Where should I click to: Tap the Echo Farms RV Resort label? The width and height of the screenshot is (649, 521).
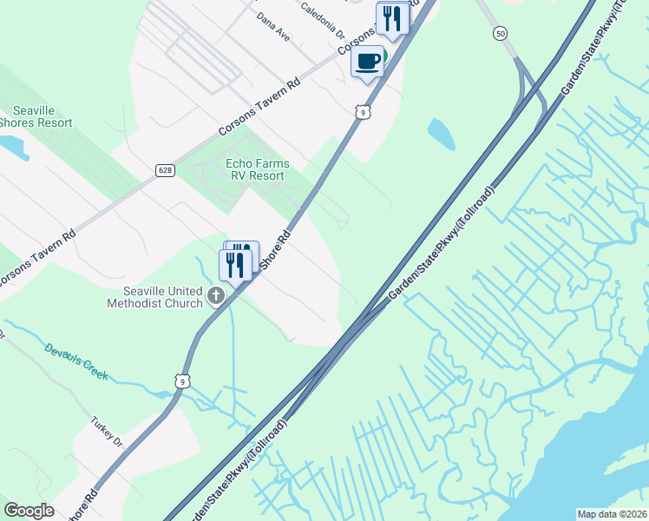tap(257, 169)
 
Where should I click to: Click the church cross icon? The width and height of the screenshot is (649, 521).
tap(216, 298)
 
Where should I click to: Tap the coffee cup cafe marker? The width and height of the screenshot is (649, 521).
tap(368, 62)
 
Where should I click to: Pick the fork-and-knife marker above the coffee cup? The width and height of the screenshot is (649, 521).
tap(392, 19)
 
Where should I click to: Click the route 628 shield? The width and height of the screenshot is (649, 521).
tap(165, 170)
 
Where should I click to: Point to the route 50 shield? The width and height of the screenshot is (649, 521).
tap(499, 33)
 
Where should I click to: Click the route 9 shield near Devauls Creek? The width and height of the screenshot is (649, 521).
tap(180, 380)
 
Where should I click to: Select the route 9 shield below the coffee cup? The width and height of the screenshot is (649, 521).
tap(363, 111)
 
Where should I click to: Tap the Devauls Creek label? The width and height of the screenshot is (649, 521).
tap(76, 361)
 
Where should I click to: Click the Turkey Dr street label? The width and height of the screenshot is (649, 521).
tap(108, 432)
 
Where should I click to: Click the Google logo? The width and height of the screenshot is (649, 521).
tap(29, 511)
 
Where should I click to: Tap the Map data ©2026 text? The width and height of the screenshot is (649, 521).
tap(611, 514)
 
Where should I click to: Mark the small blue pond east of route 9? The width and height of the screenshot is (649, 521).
tap(441, 133)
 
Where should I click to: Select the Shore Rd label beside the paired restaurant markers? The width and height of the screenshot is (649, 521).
tap(276, 250)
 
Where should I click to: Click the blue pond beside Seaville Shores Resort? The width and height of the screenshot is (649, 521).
tap(13, 148)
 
